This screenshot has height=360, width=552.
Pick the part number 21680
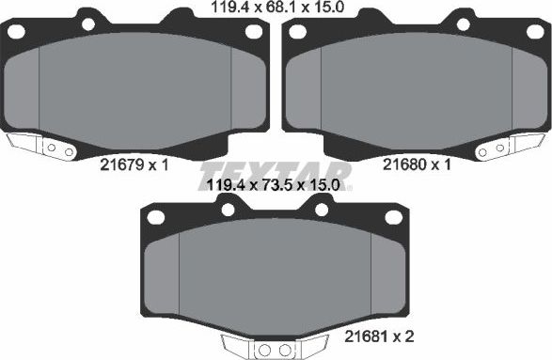[402, 164]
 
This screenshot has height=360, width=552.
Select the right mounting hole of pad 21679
[253, 31]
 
